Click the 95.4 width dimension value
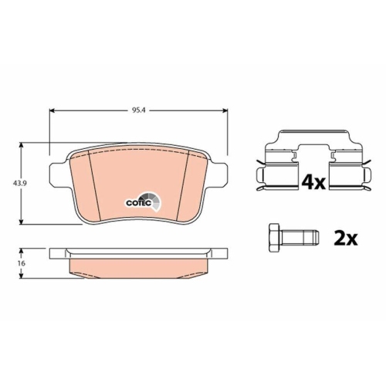point(139,110)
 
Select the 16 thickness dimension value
point(13,264)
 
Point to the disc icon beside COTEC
point(157,202)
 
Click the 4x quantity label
point(313,182)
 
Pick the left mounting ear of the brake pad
point(56,174)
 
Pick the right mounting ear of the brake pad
point(221,174)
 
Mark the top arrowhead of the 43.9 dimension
point(24,145)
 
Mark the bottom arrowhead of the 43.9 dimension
point(24,221)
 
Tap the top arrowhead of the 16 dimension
point(24,250)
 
